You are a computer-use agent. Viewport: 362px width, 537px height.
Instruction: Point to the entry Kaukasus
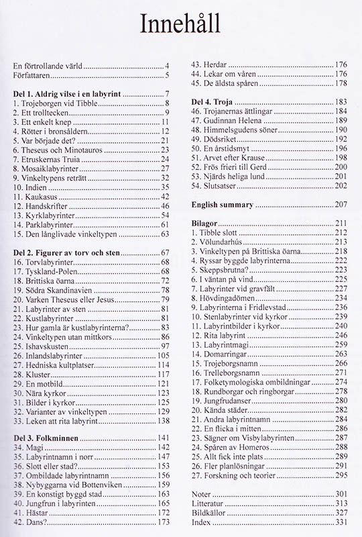pos(40,197)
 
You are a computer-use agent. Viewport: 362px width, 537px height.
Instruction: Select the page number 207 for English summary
pos(341,203)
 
